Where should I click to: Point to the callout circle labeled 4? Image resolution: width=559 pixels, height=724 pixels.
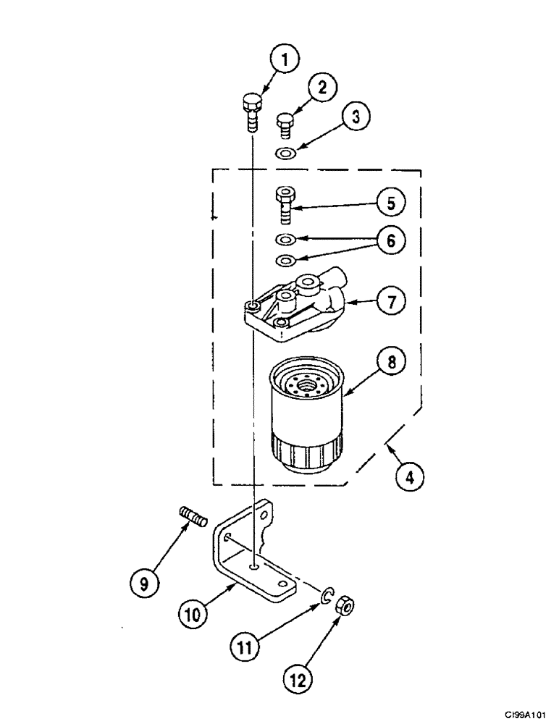(410, 478)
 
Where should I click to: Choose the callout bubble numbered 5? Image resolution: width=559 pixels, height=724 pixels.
(390, 204)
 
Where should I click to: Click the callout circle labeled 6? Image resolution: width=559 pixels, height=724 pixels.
(390, 241)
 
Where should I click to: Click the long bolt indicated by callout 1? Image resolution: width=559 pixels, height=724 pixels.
(251, 112)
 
